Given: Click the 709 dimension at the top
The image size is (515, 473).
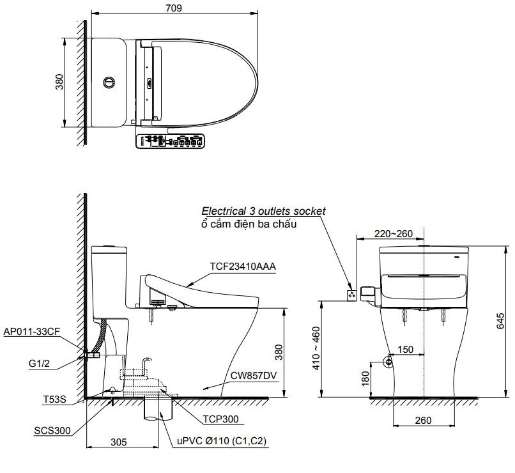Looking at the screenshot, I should point(174,8).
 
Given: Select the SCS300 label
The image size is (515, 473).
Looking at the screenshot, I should point(52,430).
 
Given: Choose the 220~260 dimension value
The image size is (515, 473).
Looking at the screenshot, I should point(394,233).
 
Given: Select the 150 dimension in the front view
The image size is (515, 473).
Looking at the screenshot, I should point(405,350).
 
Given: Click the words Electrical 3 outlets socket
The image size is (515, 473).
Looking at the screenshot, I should point(263,210).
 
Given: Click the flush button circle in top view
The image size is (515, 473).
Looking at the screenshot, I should point(110,82).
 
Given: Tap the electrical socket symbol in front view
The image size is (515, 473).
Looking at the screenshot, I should point(351,295).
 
